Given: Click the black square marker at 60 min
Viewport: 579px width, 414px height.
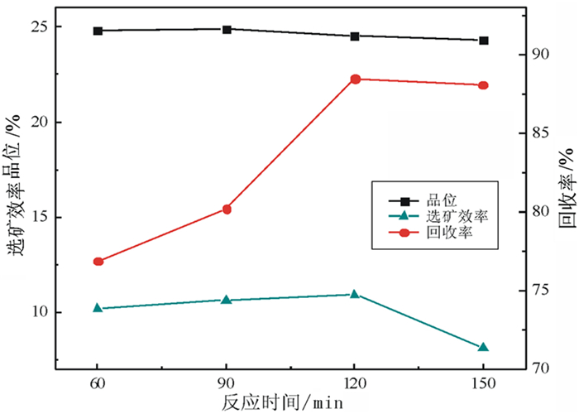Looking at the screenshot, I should coord(98,31).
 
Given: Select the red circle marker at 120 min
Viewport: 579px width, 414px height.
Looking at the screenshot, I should coord(355,79).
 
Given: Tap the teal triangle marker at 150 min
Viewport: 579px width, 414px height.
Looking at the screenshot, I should coord(483,348).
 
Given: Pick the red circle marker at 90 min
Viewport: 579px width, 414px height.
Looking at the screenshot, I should coord(227,209).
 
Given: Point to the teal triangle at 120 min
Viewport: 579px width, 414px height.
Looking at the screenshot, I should coord(355,294).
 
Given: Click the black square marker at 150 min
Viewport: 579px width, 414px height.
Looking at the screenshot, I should coord(483,41).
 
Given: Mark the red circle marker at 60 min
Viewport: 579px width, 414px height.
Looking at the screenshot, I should coord(98,262).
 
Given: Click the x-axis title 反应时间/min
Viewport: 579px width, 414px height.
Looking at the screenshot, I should coord(281,403).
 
